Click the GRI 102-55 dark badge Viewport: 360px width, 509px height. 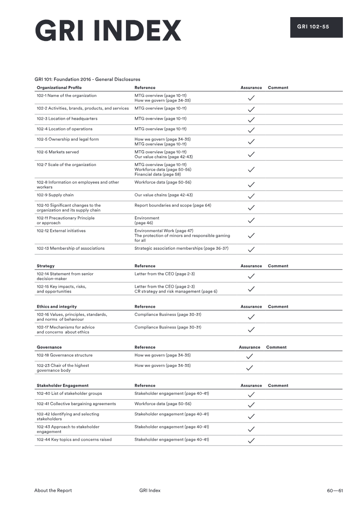[316, 27]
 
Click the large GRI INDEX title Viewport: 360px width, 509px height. [108, 31]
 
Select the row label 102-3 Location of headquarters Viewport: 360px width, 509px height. [67, 119]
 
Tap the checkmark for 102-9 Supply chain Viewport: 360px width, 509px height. [252, 196]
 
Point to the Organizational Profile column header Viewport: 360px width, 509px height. [59, 88]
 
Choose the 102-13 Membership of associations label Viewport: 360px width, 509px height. [71, 248]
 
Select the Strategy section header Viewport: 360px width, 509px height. [45, 266]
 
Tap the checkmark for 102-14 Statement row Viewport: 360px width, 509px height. [252, 276]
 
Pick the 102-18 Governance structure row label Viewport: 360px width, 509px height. [64, 356]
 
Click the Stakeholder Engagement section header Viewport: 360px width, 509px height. [63, 386]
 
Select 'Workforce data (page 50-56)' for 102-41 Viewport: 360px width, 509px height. [163, 404]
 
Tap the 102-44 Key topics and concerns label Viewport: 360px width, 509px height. [74, 440]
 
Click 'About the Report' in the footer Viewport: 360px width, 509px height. [53, 491]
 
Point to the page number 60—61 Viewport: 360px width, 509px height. [335, 491]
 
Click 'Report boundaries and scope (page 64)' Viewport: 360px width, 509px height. [173, 206]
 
